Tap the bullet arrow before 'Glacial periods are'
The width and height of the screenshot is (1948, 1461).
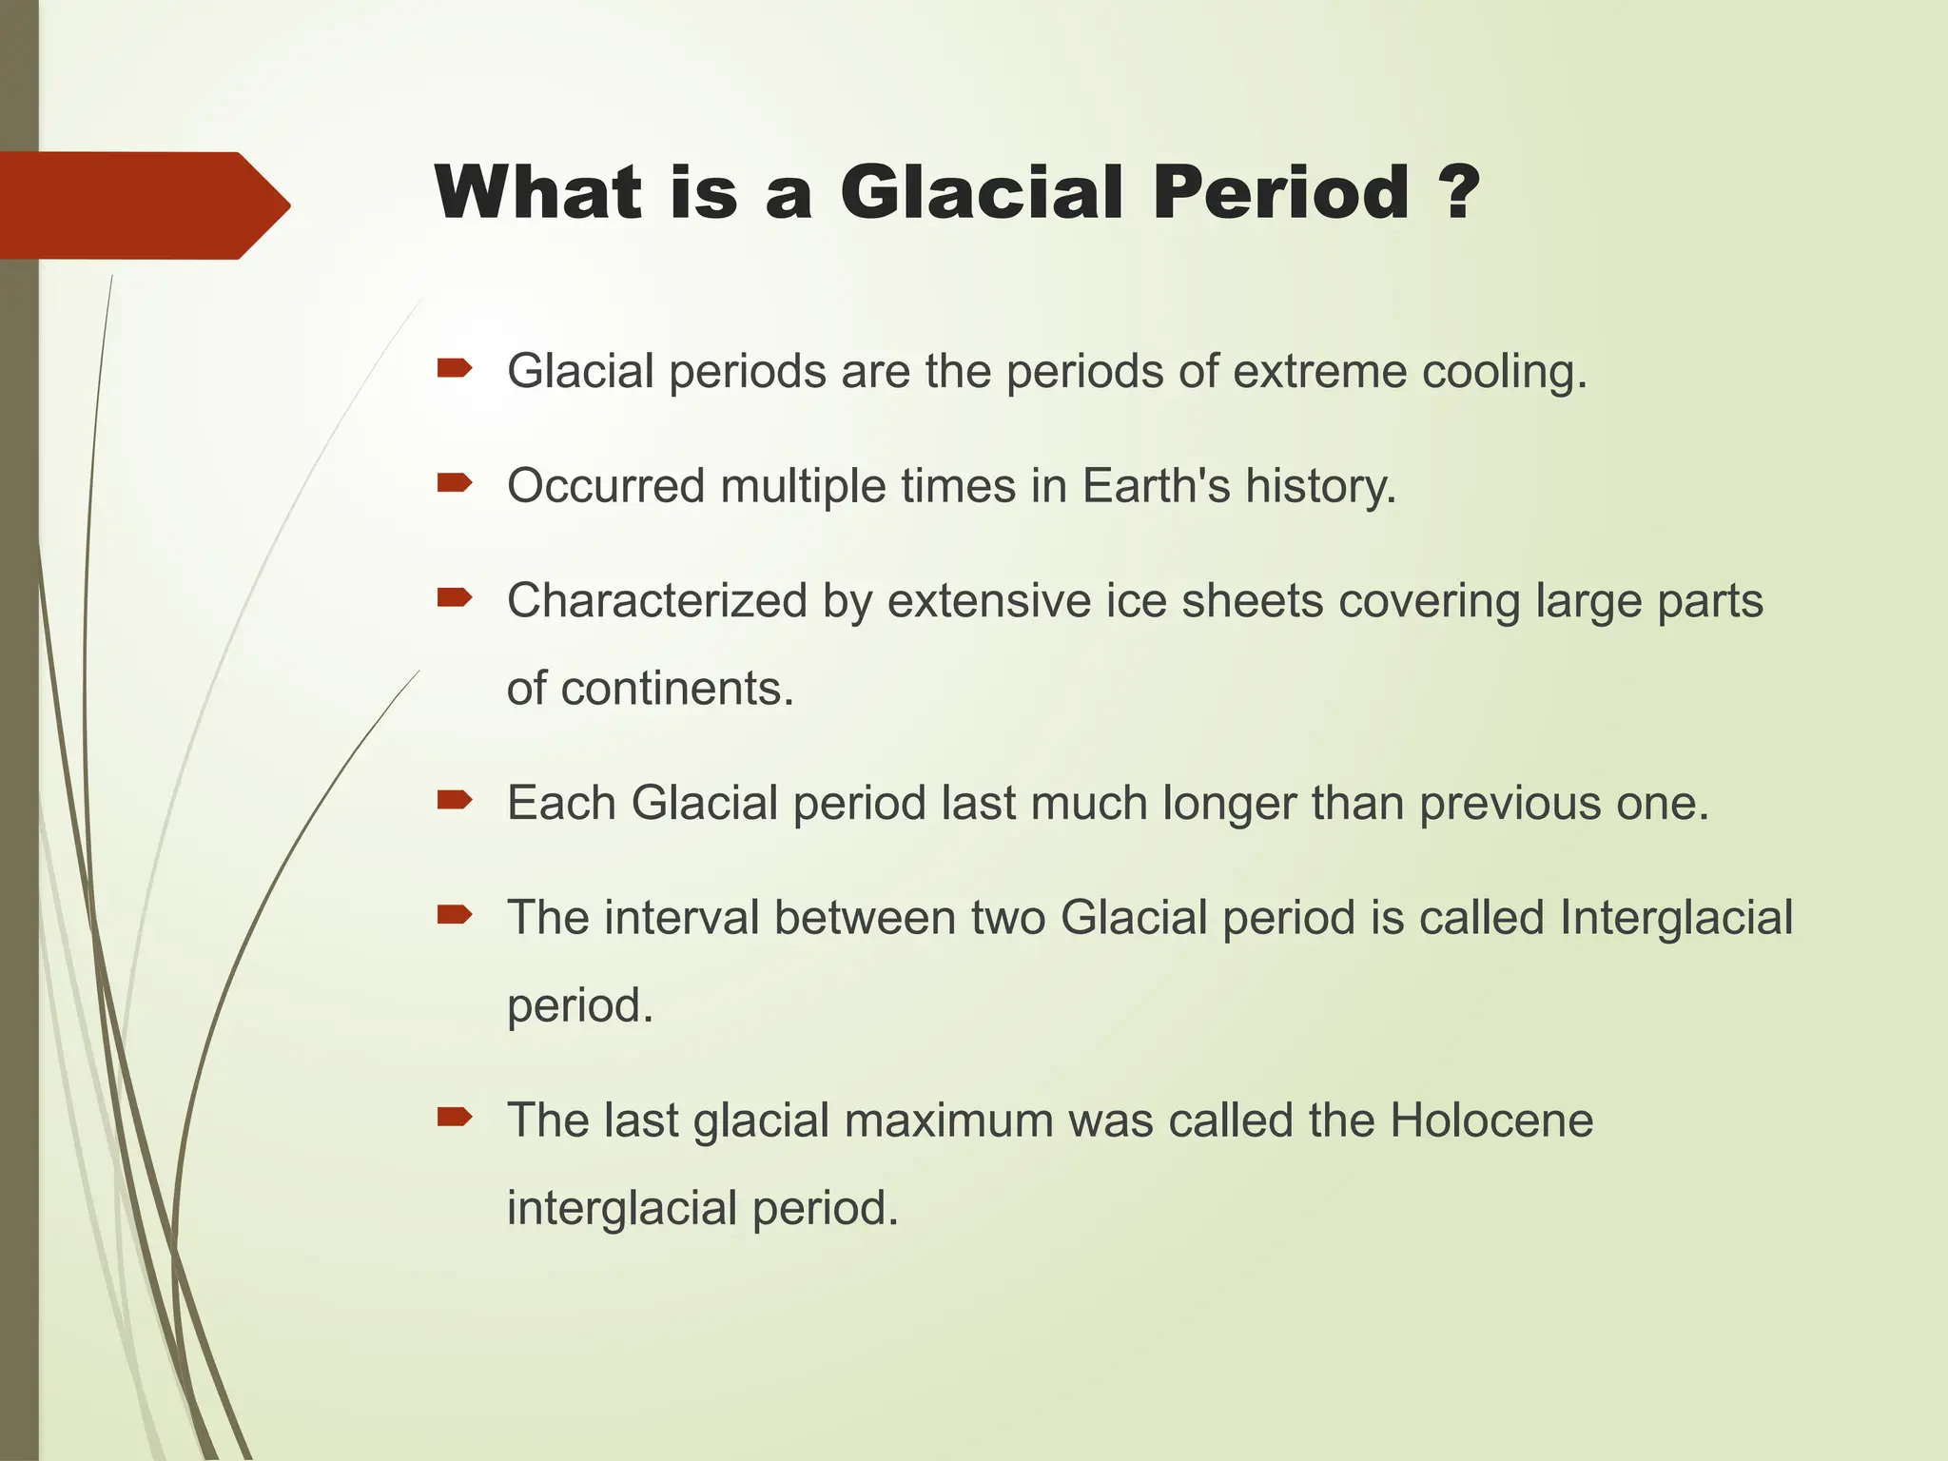click(455, 368)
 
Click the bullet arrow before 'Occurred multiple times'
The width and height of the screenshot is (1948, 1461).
click(455, 483)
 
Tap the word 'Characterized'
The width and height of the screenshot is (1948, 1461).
click(657, 601)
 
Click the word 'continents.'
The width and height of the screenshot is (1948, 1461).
click(677, 689)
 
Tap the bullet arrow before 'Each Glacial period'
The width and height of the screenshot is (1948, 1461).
click(455, 800)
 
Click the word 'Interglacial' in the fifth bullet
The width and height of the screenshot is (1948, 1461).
click(1676, 919)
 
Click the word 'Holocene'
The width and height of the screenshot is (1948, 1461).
click(1490, 1120)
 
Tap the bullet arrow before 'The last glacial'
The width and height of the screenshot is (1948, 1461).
click(455, 1117)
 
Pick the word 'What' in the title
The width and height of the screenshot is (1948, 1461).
click(538, 192)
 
